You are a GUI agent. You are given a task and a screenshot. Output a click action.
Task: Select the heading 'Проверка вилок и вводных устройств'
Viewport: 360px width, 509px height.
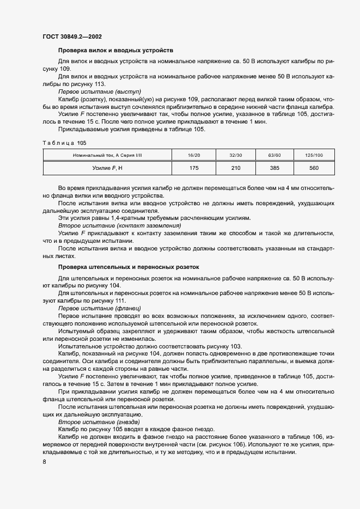click(x=115, y=50)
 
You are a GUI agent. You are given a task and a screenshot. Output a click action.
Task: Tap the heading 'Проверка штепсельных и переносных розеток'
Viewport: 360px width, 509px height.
click(x=129, y=267)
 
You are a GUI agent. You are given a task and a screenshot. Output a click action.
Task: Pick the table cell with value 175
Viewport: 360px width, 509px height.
click(x=193, y=168)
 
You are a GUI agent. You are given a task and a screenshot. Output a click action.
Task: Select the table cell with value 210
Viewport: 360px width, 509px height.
click(x=236, y=168)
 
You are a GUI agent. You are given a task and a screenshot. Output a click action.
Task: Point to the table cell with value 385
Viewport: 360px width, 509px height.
click(x=274, y=168)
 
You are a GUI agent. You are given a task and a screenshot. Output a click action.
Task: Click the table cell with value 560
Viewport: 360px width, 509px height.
click(x=314, y=168)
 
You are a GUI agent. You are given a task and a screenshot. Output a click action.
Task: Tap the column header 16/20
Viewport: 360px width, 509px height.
click(x=193, y=155)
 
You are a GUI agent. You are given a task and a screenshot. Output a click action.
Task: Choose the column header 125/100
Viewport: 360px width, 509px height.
click(x=314, y=155)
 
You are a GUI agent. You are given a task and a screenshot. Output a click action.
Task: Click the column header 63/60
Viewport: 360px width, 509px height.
click(x=274, y=155)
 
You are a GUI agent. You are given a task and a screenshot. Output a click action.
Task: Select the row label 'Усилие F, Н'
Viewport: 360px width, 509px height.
click(x=107, y=168)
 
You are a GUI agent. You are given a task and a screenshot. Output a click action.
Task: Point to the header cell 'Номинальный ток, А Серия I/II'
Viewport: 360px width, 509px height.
click(x=107, y=155)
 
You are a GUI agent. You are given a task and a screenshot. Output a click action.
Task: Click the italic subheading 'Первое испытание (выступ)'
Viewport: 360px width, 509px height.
click(x=99, y=92)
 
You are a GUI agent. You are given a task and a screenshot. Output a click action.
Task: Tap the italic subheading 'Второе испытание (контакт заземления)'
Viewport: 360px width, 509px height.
click(x=119, y=225)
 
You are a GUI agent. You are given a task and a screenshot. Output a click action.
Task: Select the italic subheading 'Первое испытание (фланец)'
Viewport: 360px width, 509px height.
click(x=99, y=308)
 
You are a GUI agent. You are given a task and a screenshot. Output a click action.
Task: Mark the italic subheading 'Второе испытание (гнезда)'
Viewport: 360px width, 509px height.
click(x=99, y=422)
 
